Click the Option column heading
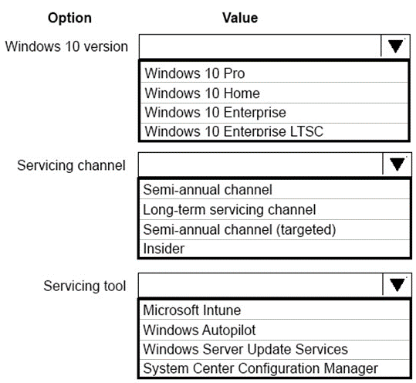(69, 18)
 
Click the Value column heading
(240, 18)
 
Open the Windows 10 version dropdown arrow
(395, 46)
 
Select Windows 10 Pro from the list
(194, 73)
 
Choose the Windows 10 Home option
(202, 93)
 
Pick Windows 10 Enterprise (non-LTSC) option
(215, 112)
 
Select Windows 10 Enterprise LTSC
(234, 131)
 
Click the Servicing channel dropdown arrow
(397, 164)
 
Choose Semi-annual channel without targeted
(208, 190)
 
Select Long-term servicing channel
(229, 210)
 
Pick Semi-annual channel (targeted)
(239, 229)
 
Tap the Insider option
(164, 249)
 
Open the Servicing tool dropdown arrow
(397, 285)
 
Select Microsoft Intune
(192, 310)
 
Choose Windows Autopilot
(199, 330)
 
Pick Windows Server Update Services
(245, 349)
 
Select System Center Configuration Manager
(261, 368)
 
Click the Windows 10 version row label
(66, 46)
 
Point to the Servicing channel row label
(71, 165)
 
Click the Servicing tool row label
(85, 286)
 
